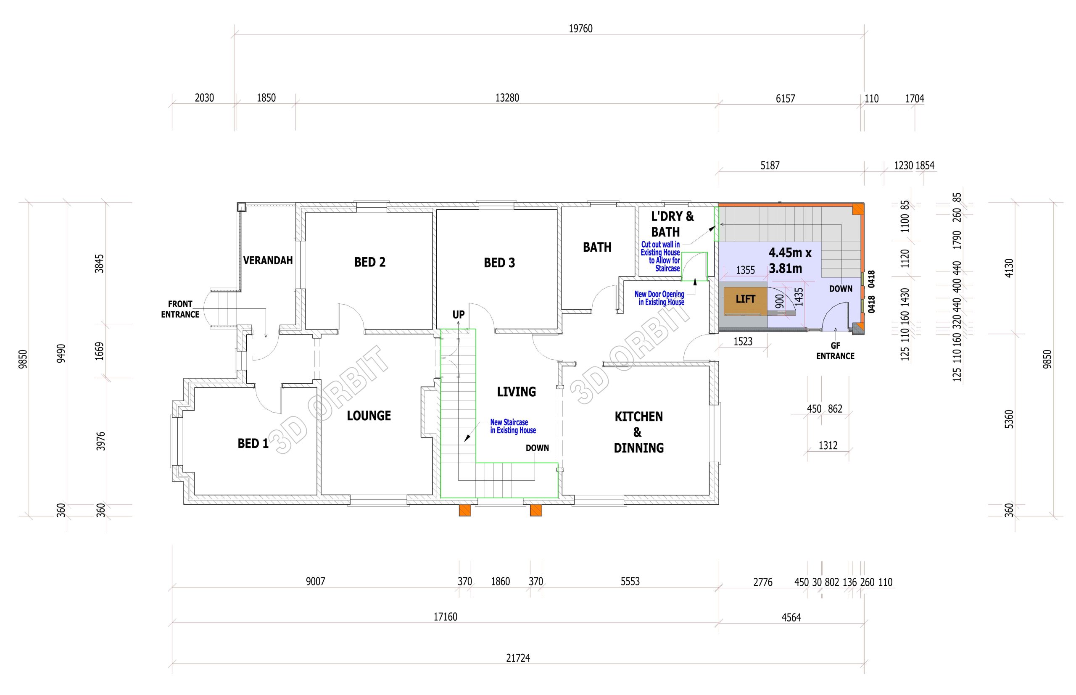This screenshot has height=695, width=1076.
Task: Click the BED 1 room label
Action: pos(253,444)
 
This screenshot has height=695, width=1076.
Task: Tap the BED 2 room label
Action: pos(369,262)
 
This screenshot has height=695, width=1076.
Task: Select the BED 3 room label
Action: pos(499,263)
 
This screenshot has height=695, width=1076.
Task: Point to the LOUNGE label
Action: pos(369,416)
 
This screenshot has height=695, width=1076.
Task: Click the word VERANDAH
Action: pos(268,261)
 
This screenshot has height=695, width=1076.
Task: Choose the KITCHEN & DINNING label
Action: pos(638,432)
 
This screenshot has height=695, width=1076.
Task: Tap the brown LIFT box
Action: pos(745,299)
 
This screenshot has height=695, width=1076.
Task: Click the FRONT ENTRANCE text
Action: pos(180,309)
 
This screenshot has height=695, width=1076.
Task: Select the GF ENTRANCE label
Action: pos(835,351)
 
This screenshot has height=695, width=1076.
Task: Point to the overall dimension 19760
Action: pos(580,29)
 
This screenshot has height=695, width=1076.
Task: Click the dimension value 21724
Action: pos(518,658)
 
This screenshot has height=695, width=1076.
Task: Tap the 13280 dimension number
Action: pos(507,97)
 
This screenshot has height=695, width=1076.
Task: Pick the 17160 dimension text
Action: pos(445,616)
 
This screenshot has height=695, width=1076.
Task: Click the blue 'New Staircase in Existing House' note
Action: pos(513,426)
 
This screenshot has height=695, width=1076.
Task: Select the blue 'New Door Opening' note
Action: pos(659,298)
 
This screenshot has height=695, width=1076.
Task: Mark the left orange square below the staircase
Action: pos(465,510)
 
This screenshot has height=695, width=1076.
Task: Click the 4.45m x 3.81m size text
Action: pos(790,261)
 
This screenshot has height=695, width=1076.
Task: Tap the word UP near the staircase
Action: pos(459,315)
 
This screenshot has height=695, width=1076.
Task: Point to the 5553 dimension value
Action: pos(630,581)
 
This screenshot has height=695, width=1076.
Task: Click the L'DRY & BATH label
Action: pos(672,224)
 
